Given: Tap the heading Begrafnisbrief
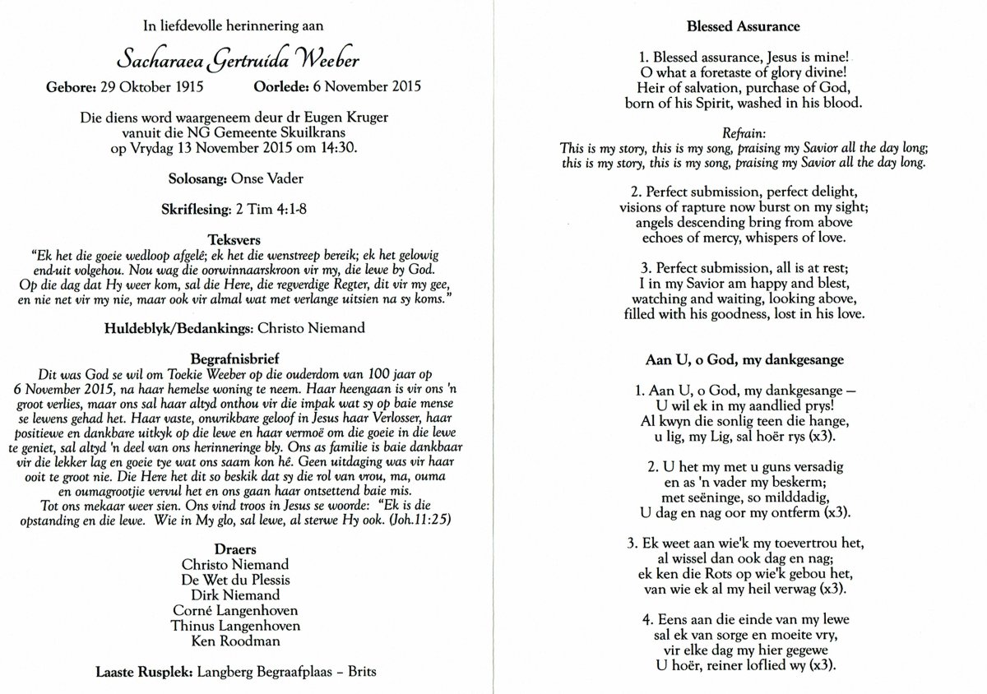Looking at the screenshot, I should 235,359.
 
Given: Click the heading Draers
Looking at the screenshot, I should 235,549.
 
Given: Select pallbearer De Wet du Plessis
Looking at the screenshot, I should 235,580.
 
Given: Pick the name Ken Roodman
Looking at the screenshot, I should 235,641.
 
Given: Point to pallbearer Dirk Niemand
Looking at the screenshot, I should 235,595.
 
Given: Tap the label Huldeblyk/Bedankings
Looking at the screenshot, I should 178,328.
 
